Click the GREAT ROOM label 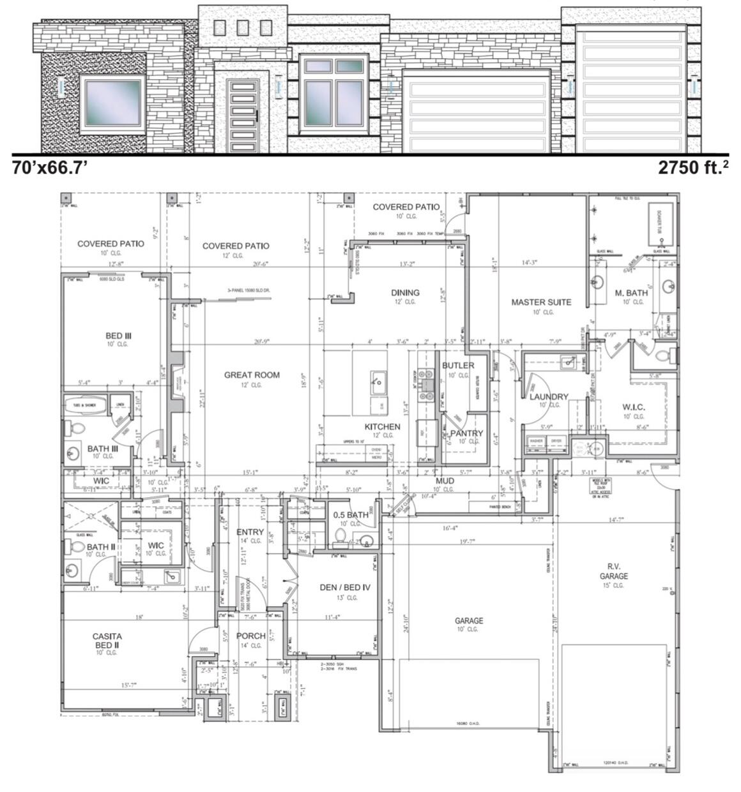252,375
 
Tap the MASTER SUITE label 540,302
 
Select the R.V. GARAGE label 613,571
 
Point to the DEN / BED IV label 345,587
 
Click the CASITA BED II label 107,640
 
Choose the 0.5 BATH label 351,514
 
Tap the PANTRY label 466,433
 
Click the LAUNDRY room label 549,396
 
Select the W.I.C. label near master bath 633,407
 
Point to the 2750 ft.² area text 693,168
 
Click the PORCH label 250,636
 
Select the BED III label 118,336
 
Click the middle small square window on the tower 242,27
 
